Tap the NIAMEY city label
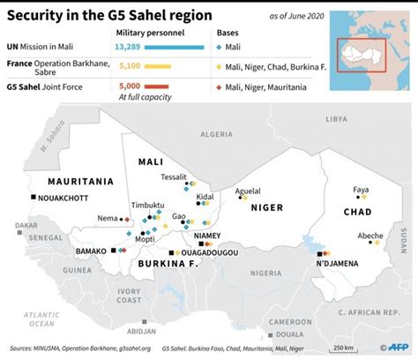(209, 236)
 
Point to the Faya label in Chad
(361, 190)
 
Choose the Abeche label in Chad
(369, 236)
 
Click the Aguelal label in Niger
(248, 191)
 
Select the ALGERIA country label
(216, 133)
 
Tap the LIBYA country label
(337, 118)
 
